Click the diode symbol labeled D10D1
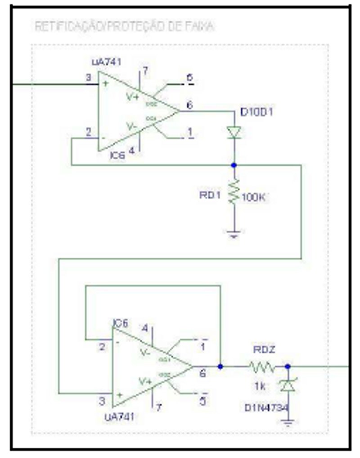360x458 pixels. [234, 132]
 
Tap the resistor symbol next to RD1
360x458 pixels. [234, 192]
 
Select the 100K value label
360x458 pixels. [255, 197]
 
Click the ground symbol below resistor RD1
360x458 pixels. [234, 234]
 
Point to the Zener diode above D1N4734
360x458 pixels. [288, 385]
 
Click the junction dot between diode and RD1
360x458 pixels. [234, 165]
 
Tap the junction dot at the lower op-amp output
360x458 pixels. [220, 367]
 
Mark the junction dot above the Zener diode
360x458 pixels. [288, 367]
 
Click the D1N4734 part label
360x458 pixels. [265, 408]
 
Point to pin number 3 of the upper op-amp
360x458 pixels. [89, 78]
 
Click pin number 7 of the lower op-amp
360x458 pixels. [158, 407]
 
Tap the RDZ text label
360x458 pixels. [261, 349]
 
